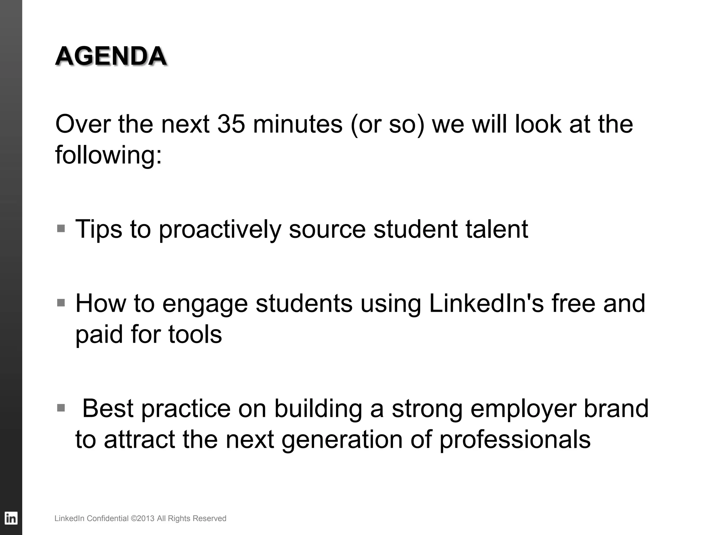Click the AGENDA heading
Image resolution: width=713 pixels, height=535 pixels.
point(111,56)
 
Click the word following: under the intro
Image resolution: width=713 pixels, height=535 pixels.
point(109,155)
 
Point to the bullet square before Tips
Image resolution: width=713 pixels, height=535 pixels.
point(61,228)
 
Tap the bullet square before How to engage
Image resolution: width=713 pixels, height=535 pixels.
point(61,302)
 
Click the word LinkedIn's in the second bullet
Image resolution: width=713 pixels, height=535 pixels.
point(486,303)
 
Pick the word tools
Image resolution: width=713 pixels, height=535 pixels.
point(195,334)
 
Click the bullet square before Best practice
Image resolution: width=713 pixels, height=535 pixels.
point(61,408)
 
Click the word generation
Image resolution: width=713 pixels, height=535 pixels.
point(342,440)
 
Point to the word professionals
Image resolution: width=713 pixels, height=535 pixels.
point(515,440)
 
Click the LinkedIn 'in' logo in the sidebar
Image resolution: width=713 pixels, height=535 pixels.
point(11,518)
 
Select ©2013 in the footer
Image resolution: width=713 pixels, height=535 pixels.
point(142,519)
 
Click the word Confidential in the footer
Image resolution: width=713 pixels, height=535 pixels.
point(108,519)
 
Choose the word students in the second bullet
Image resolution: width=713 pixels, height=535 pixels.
point(304,303)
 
